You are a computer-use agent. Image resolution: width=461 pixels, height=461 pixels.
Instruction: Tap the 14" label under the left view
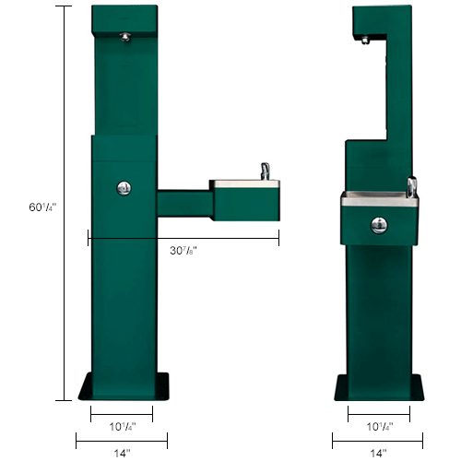point(123,453)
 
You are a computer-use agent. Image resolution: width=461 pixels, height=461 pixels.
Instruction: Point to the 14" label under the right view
point(378,453)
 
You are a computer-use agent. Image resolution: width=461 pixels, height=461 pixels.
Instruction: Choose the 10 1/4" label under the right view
point(378,427)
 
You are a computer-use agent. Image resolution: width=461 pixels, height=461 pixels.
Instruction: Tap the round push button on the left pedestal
point(124,187)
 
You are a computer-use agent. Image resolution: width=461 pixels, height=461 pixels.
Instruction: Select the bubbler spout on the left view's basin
point(264,171)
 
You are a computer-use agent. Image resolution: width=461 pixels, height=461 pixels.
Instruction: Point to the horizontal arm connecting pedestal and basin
point(183,205)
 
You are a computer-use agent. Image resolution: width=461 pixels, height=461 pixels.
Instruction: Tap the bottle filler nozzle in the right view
point(367,41)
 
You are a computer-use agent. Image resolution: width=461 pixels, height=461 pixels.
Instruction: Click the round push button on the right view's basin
point(378,225)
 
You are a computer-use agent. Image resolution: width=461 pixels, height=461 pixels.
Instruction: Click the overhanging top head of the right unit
point(378,18)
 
